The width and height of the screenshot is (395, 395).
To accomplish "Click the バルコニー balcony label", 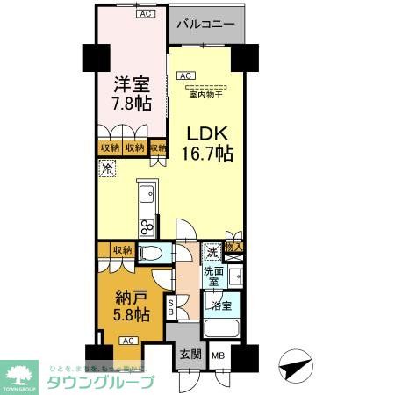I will (205, 24).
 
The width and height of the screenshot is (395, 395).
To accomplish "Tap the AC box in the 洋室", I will (142, 14).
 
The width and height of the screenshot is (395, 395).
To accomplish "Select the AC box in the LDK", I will (186, 76).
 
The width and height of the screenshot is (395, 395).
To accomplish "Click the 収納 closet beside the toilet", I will (121, 251).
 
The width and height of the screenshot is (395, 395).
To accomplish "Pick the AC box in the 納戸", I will (127, 341).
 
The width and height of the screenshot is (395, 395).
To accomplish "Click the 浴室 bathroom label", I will (219, 305).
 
